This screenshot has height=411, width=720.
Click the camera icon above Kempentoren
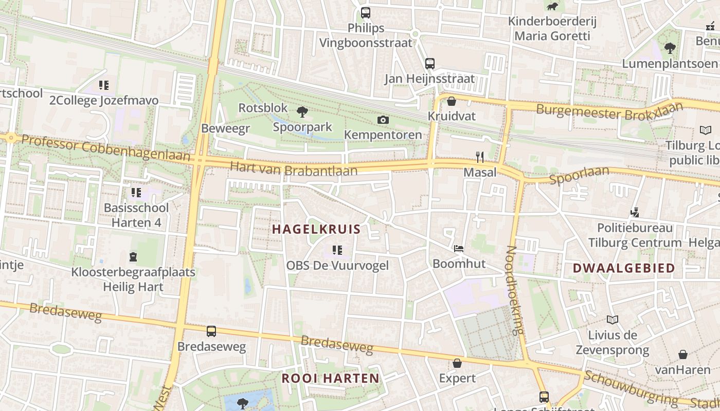click(x=383, y=120)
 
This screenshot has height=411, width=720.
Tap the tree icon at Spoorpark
click(x=302, y=111)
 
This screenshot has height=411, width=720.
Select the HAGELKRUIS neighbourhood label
click(x=316, y=229)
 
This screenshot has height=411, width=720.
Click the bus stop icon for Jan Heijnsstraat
click(x=430, y=64)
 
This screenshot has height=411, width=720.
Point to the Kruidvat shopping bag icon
click(x=452, y=101)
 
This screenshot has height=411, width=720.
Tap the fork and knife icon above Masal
click(x=480, y=157)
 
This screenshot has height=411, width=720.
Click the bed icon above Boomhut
click(x=459, y=249)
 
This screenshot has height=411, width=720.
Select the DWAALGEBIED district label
click(x=616, y=268)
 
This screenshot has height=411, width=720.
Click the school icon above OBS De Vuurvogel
click(x=337, y=250)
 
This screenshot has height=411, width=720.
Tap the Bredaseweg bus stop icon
click(x=211, y=331)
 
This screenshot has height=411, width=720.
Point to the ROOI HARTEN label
click(x=331, y=379)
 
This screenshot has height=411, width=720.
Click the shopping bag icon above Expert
click(x=457, y=363)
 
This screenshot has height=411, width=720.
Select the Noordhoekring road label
click(x=515, y=290)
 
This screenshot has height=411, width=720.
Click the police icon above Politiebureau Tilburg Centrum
click(x=635, y=212)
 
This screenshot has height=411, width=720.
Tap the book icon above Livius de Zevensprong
click(x=612, y=320)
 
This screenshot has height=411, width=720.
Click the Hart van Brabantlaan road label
click(x=293, y=170)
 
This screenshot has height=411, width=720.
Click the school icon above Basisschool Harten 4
click(x=136, y=193)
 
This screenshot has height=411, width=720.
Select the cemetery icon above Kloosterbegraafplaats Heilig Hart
click(x=133, y=256)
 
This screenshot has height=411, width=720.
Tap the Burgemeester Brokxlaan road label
click(x=609, y=110)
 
